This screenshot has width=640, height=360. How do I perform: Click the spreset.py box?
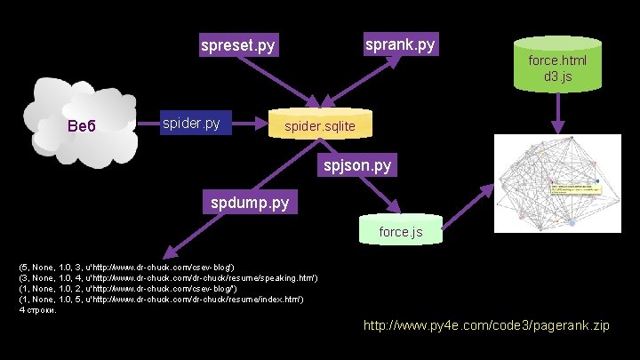[238, 44]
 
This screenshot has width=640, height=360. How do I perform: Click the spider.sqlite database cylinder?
[319, 126]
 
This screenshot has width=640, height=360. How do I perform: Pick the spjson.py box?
[356, 165]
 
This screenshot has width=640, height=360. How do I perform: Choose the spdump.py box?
[250, 203]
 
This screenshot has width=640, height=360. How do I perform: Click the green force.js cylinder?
[400, 231]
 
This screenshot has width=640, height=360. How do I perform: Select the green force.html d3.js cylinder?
[557, 64]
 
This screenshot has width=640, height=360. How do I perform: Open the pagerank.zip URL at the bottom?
[486, 326]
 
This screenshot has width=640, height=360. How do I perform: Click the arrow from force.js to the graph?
[467, 208]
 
